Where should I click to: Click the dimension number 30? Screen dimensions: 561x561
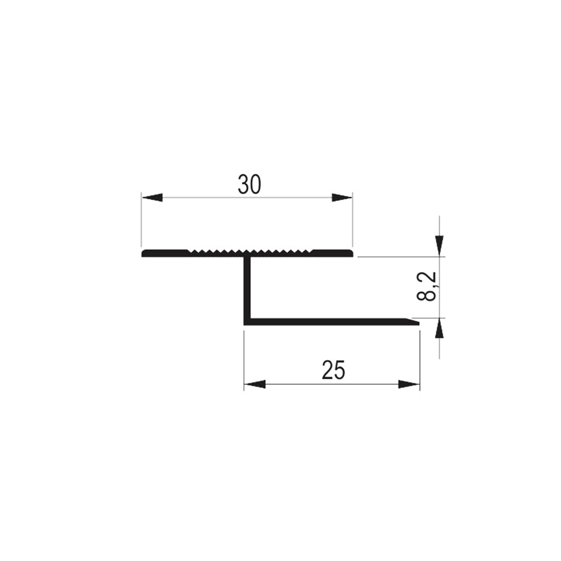click(250, 185)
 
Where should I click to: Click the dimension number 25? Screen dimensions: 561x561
click(333, 370)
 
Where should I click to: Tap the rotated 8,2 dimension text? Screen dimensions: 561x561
click(426, 287)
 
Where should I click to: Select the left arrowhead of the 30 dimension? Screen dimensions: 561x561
click(152, 198)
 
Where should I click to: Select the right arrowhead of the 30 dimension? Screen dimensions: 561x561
click(342, 198)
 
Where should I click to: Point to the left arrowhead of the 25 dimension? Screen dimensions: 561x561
click(254, 384)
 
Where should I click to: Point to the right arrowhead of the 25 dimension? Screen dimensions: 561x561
click(409, 384)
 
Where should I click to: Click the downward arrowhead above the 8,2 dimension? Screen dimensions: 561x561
click(439, 246)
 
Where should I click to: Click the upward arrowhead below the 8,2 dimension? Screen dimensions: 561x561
click(439, 328)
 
